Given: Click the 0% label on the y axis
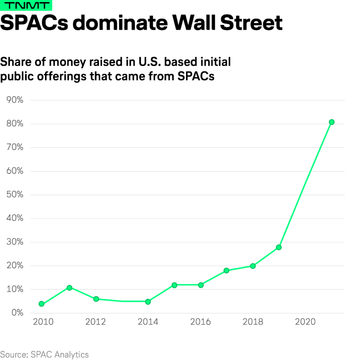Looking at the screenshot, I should point(17,313).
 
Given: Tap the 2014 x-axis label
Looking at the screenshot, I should point(148,322).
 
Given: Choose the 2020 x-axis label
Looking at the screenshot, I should point(306,322).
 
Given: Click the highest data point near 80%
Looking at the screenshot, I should point(332,122).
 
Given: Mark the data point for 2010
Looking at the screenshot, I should point(41,304).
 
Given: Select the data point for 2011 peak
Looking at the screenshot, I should point(69,288).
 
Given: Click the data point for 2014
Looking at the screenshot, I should point(148,302).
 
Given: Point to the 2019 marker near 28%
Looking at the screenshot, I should point(279,247).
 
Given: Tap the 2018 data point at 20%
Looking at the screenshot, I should point(253,266).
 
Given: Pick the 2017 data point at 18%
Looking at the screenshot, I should point(226,270).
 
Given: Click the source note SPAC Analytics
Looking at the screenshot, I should point(44,354).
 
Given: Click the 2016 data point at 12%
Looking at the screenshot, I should point(201,285).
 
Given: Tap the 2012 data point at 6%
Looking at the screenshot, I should point(96,299).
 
